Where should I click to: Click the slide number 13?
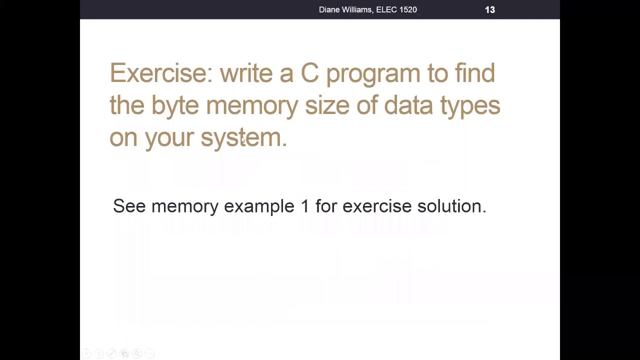coord(489,9)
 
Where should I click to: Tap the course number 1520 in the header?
coord(407,9)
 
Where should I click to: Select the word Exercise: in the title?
coord(161,73)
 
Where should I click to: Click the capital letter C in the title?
coord(309,73)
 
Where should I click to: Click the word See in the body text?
coord(129,206)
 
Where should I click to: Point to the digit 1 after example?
coord(304,206)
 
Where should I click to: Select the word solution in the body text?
coord(450,206)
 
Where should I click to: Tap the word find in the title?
coord(474,73)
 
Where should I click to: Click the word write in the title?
coord(246,73)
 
